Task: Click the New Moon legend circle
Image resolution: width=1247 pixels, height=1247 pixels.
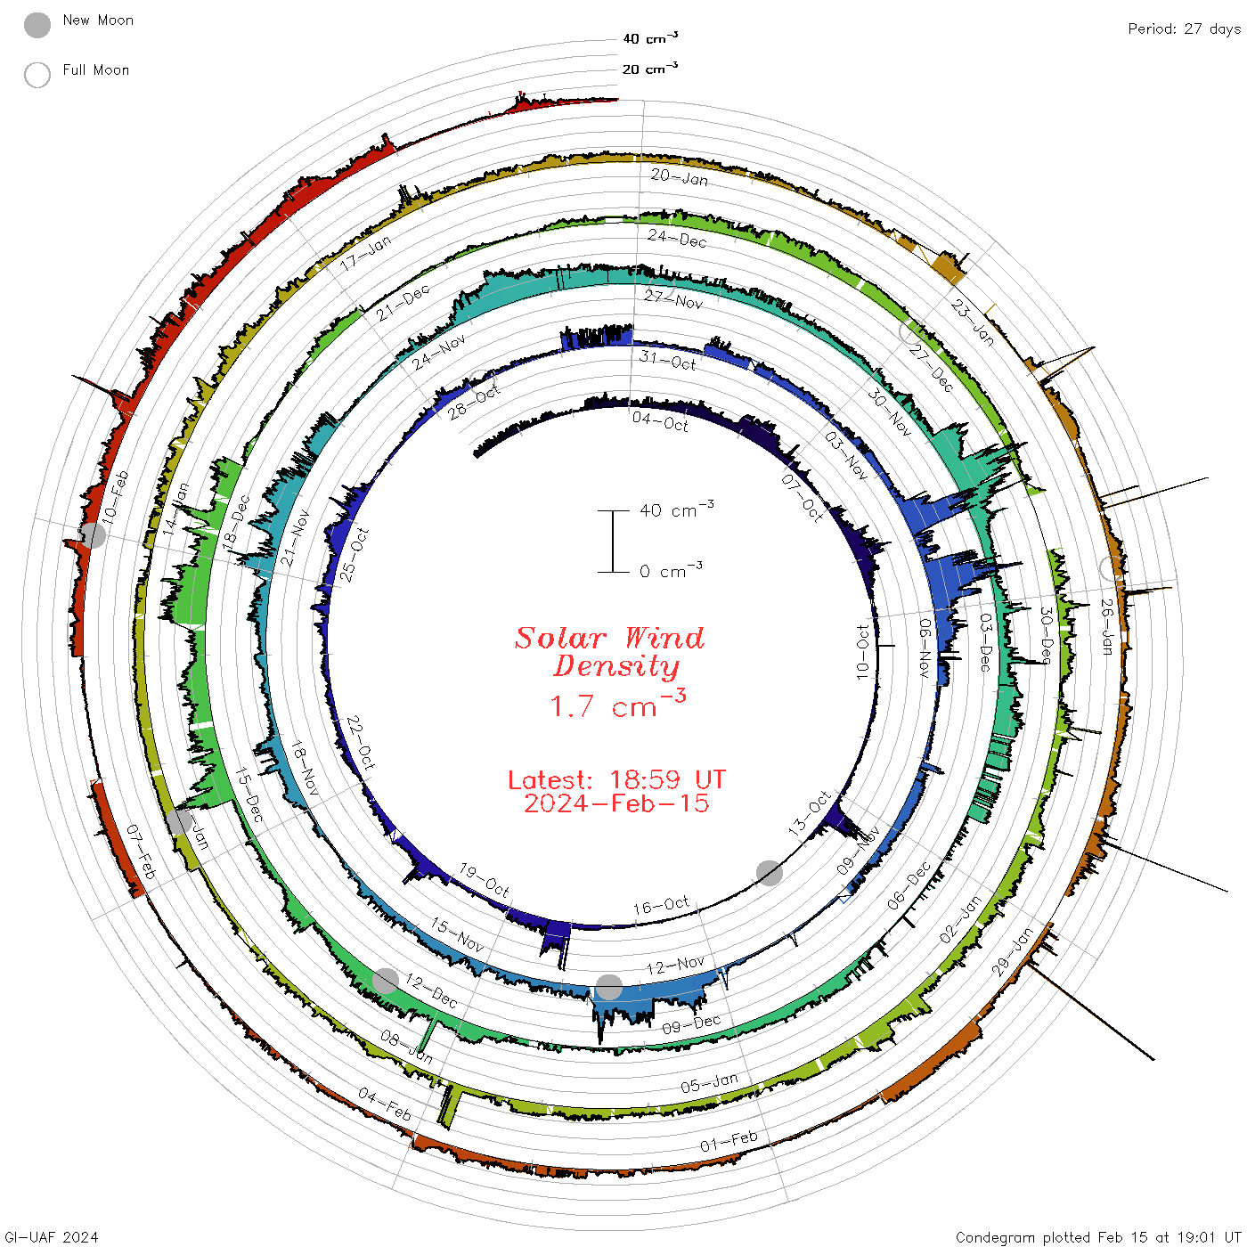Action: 37,25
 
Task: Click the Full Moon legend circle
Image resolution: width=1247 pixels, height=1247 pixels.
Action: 37,75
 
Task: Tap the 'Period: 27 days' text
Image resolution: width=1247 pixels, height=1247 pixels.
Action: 1184,29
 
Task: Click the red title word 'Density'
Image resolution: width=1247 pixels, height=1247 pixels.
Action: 615,666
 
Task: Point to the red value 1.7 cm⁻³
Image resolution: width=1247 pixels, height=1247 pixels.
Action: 617,705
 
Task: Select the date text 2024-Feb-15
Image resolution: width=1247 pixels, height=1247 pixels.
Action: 616,803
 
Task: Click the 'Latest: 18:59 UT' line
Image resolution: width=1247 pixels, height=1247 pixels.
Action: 616,780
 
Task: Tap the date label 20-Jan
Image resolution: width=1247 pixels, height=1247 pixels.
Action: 679,176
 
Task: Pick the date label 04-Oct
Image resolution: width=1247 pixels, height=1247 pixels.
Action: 660,421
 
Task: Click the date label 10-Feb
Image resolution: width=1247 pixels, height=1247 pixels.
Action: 115,496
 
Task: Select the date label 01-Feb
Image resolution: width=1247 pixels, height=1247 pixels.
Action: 729,1141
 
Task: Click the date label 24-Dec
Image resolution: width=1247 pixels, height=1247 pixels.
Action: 677,238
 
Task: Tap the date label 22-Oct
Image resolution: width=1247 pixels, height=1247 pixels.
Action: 361,741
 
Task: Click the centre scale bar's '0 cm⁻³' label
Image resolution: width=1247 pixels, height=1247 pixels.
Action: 671,571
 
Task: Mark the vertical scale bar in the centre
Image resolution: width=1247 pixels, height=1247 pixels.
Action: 613,542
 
